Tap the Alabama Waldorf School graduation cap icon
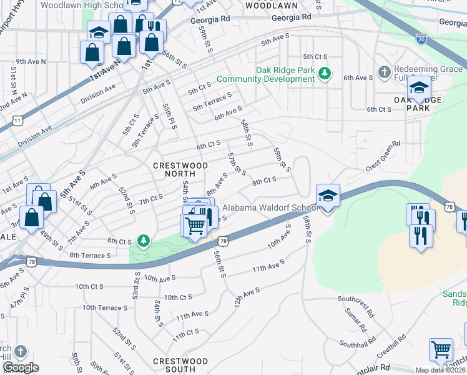pyautogui.click(x=328, y=196)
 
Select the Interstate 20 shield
pyautogui.click(x=421, y=39)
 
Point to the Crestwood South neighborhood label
pyautogui.click(x=180, y=366)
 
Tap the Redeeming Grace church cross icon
pyautogui.click(x=385, y=71)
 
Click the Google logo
pyautogui.click(x=20, y=367)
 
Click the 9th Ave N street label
pyautogui.click(x=31, y=61)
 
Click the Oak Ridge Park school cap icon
pyautogui.click(x=419, y=87)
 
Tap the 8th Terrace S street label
pyautogui.click(x=90, y=256)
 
